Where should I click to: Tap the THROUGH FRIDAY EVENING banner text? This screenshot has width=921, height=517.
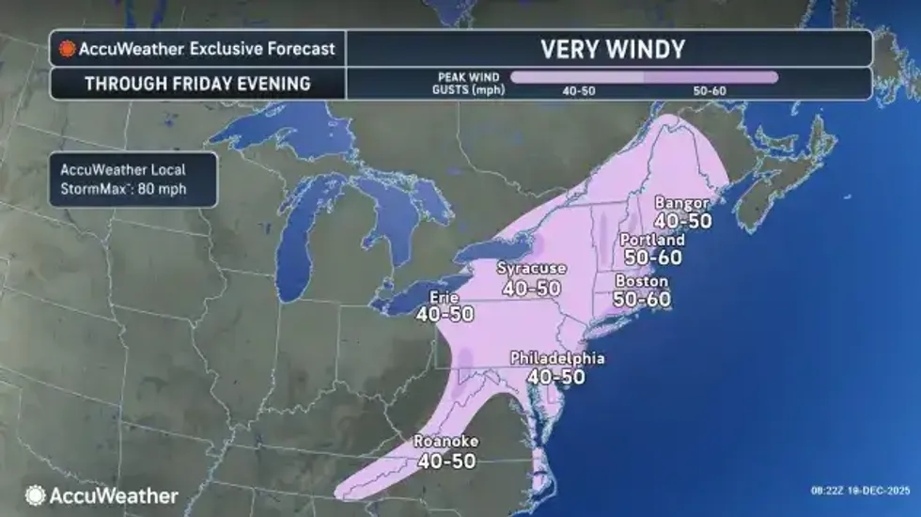[197, 83]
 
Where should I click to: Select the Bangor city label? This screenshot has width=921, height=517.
[681, 203]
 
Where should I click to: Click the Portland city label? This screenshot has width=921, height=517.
[652, 240]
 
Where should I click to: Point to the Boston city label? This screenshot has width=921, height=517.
[641, 281]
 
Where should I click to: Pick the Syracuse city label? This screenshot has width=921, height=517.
[533, 270]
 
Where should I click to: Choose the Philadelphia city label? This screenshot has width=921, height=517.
[556, 358]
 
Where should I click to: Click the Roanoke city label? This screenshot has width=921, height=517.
[446, 442]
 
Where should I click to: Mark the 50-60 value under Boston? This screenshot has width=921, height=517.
[642, 298]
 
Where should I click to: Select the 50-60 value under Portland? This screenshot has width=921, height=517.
[652, 257]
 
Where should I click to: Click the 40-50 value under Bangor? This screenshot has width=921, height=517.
[682, 221]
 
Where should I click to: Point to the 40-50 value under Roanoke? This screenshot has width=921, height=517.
[446, 461]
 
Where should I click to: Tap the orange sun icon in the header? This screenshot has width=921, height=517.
[67, 48]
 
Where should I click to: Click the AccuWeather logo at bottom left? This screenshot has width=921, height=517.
[101, 494]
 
